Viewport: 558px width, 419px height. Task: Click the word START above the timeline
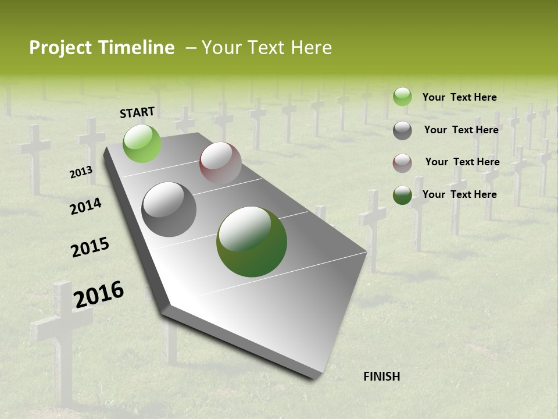point(137,112)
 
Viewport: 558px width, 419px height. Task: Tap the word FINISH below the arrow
point(382,377)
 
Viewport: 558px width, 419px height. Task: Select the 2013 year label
point(81,172)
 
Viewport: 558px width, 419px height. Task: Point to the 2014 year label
point(85,206)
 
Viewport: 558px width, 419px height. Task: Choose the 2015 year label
point(90,247)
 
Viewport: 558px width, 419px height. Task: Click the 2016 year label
point(99,294)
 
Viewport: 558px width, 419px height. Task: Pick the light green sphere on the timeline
point(142,143)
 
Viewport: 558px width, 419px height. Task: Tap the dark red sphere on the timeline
point(220,164)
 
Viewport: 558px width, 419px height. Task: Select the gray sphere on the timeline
point(169,210)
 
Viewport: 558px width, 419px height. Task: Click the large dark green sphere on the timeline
point(252,242)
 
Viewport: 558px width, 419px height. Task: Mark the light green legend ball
point(402,97)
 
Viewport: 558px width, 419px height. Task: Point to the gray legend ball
point(402,130)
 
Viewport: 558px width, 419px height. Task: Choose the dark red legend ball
point(402,163)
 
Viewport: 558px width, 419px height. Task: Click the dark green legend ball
point(402,195)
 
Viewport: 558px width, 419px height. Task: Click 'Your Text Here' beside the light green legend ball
point(459,97)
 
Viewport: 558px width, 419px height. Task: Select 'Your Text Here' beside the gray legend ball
point(461,130)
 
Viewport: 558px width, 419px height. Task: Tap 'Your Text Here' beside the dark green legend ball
point(459,194)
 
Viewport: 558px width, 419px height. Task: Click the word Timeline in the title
point(137,48)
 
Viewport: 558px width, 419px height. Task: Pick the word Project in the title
point(59,48)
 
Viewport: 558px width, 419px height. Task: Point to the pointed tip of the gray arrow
point(314,378)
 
